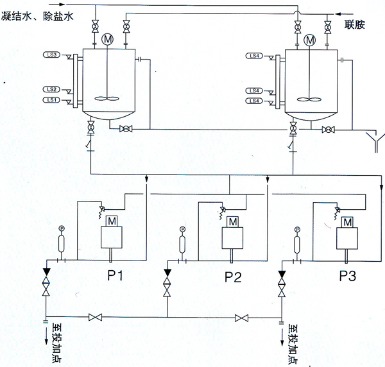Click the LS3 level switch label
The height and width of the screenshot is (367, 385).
[x=53, y=55]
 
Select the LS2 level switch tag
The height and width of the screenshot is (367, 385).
[x=53, y=89]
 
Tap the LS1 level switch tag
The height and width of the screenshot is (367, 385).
[x=53, y=101]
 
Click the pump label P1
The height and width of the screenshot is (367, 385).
[x=116, y=277]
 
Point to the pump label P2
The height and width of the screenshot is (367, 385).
[x=234, y=277]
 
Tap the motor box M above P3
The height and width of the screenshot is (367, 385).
[x=347, y=222]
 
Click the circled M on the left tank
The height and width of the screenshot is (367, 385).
[x=107, y=40]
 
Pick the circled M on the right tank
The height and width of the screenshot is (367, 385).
[x=311, y=40]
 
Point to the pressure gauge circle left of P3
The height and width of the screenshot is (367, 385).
[x=297, y=228]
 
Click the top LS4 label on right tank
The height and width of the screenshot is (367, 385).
[x=253, y=56]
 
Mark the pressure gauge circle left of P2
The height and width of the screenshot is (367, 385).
[x=182, y=228]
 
